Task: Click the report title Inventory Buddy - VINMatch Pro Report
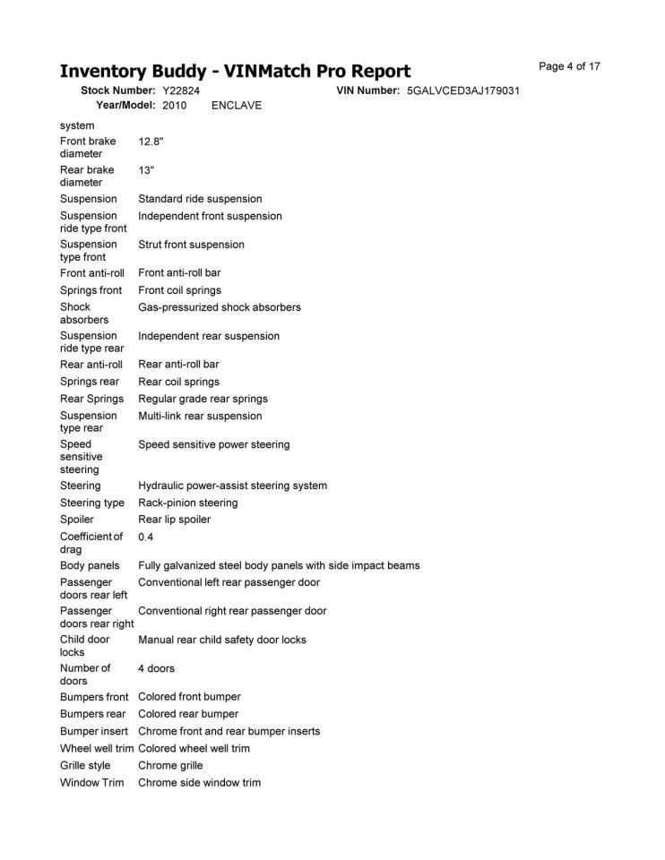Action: [235, 71]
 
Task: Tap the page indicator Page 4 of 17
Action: [569, 66]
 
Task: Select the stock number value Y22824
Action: [181, 90]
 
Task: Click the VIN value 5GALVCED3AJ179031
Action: [463, 90]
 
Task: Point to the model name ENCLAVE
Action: [237, 106]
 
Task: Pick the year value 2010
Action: [174, 106]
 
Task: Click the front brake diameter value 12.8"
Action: [151, 142]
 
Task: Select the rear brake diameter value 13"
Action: [147, 170]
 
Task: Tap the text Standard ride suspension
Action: [200, 199]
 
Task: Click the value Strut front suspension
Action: [191, 245]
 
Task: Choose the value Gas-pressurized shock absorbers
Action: [220, 307]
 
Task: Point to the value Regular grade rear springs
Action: [203, 399]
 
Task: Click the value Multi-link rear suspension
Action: [200, 416]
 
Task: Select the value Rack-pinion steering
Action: [188, 503]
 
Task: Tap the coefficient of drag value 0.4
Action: [146, 537]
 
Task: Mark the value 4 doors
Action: [156, 668]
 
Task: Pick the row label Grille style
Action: [85, 765]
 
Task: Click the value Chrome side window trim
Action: [199, 782]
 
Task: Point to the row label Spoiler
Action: [77, 520]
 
